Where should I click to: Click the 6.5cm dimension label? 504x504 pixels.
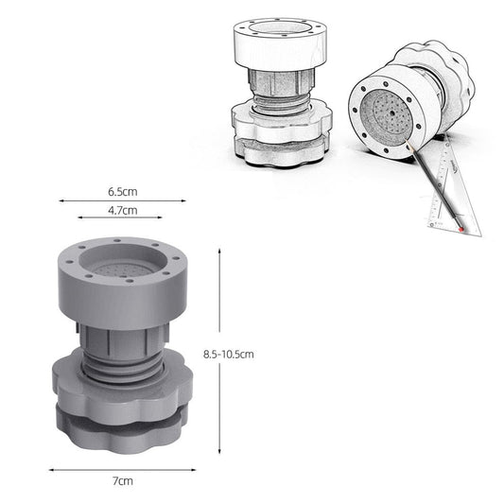click(x=123, y=192)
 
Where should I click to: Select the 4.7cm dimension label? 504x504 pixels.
click(x=123, y=211)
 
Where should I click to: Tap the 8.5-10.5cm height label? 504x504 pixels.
click(x=229, y=355)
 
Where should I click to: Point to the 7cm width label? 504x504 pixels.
click(x=123, y=481)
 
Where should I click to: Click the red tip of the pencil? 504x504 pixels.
click(x=461, y=230)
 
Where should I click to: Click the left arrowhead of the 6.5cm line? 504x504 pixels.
click(x=61, y=200)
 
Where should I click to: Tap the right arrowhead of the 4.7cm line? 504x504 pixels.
click(x=160, y=217)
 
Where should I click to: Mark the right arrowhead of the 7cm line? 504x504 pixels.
click(x=194, y=470)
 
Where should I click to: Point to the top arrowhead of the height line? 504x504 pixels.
click(x=219, y=251)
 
